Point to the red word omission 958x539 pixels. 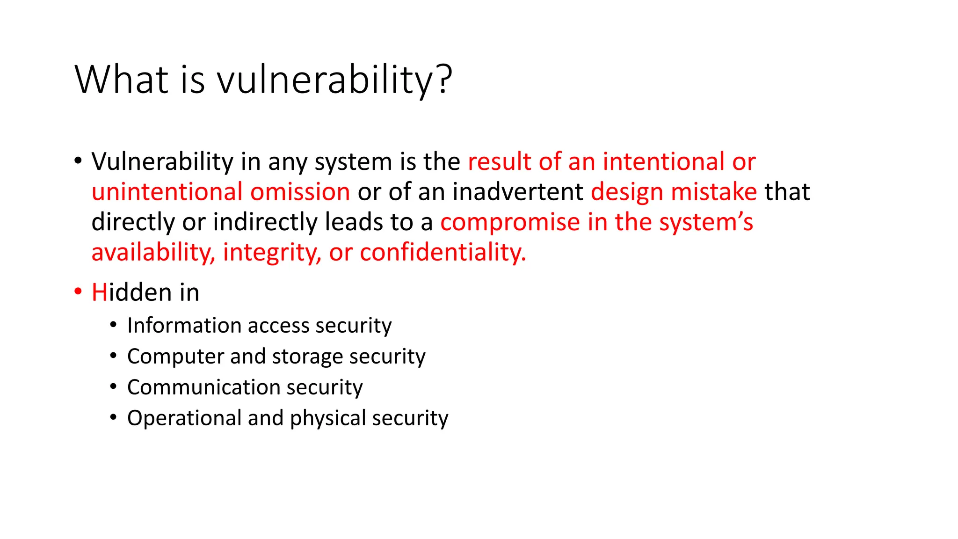pyautogui.click(x=300, y=192)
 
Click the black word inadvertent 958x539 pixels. pyautogui.click(x=517, y=192)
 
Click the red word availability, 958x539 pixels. pyautogui.click(x=153, y=253)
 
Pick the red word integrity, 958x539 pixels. pyautogui.click(x=272, y=253)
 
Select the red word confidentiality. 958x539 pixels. pyautogui.click(x=443, y=253)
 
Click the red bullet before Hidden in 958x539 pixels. pyautogui.click(x=78, y=292)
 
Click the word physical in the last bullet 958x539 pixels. pyautogui.click(x=327, y=418)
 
